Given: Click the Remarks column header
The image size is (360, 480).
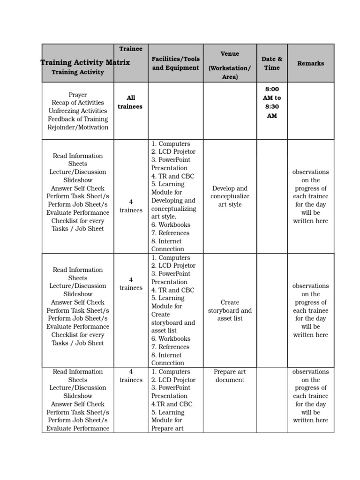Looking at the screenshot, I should (310, 63).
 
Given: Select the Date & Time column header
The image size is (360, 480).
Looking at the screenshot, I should (272, 63).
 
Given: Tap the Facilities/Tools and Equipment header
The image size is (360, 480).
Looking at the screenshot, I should (175, 63).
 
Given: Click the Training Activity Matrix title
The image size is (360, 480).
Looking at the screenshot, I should (85, 62).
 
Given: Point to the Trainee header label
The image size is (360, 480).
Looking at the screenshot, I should (131, 49).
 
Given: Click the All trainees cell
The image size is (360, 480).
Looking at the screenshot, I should (131, 102).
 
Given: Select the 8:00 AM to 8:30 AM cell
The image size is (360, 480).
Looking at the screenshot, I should (272, 102).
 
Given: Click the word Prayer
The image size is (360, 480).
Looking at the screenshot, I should (78, 95).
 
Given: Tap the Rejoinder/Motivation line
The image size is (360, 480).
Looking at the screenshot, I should (78, 127).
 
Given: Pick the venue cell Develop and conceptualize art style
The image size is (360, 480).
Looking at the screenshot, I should (230, 196).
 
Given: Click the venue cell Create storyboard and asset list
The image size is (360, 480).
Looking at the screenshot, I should (230, 310).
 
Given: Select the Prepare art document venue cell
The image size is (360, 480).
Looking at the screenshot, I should (230, 376).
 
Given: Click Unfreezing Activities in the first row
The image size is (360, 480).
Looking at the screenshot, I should (78, 111).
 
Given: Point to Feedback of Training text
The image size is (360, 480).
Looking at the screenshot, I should (78, 119).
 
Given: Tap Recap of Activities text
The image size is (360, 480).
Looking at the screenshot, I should (78, 103).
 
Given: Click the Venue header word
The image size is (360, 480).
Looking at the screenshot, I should (230, 54).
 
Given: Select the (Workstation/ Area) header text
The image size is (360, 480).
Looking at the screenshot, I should (230, 73).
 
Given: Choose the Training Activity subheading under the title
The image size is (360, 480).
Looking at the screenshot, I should (78, 72).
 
